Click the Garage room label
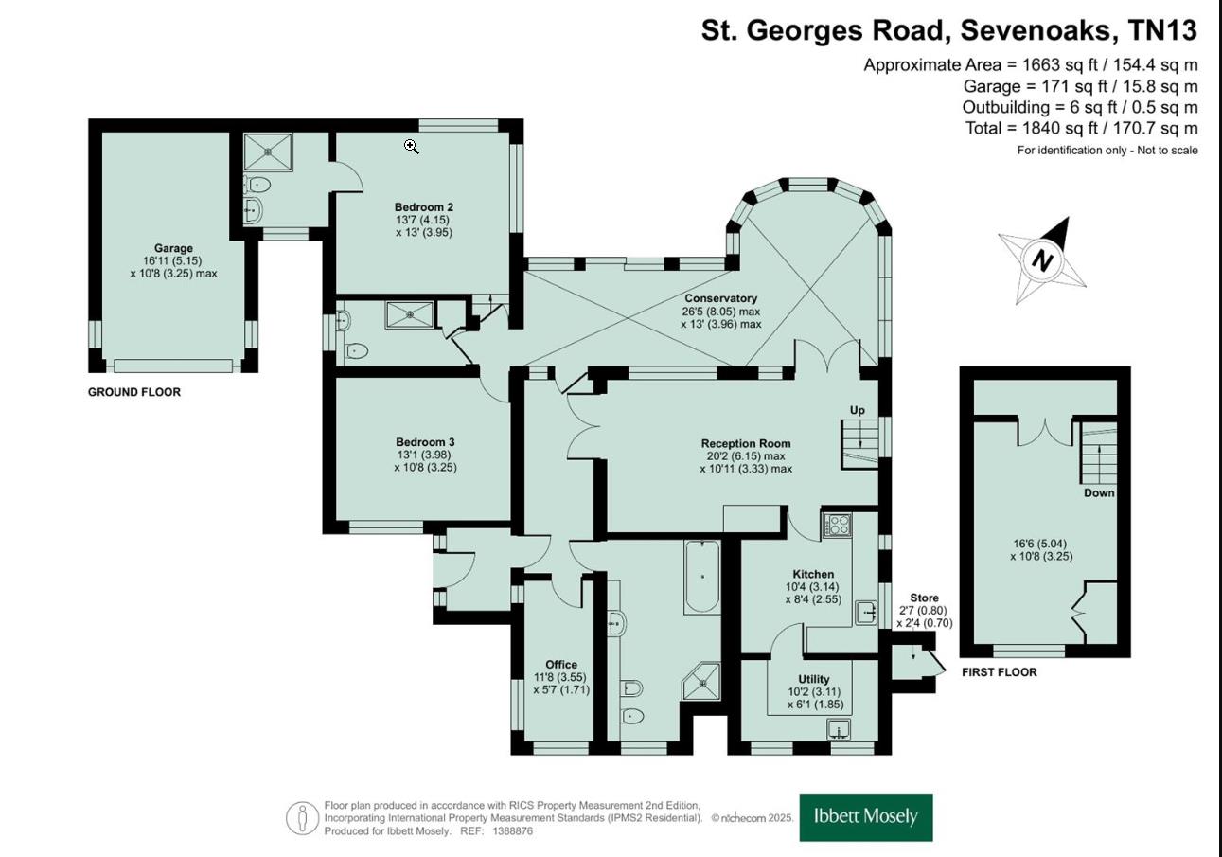[x=173, y=248]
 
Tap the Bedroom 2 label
[x=424, y=206]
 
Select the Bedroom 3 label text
[x=425, y=442]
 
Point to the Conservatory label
[x=720, y=298]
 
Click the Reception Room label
[x=746, y=443]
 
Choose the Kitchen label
[x=813, y=574]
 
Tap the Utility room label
[x=813, y=679]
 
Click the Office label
[x=561, y=665]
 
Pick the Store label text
[x=924, y=598]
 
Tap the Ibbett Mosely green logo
[x=866, y=817]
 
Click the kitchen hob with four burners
[x=838, y=526]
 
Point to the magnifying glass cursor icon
[x=412, y=146]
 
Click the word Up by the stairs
[x=857, y=410]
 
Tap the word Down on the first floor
[x=1099, y=493]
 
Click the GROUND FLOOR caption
[x=134, y=392]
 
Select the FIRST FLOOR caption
[x=999, y=672]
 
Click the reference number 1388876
[x=512, y=830]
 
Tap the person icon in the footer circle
[x=302, y=818]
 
